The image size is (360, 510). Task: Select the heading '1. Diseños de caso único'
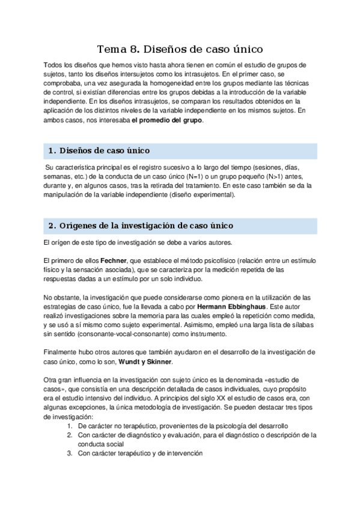99,150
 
